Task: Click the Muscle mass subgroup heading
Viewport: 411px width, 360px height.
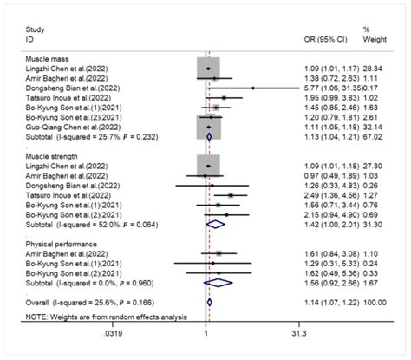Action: [46, 57]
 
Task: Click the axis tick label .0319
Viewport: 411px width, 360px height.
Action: [82, 331]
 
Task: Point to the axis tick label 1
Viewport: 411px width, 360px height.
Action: [205, 331]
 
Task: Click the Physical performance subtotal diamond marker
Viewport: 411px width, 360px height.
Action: [223, 281]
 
